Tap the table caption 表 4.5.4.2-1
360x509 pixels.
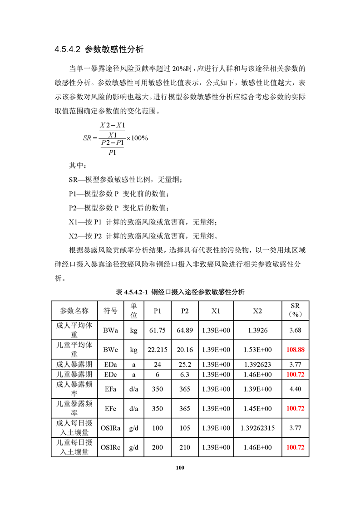coord(180,292)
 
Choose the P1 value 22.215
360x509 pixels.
coord(157,350)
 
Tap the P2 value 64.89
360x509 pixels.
coord(185,330)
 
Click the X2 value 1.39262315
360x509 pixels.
coord(257,427)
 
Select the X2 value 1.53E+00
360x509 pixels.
coord(257,350)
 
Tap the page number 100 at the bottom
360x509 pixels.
coord(180,468)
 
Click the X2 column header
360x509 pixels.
coord(257,311)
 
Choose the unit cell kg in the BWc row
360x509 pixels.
coord(133,350)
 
